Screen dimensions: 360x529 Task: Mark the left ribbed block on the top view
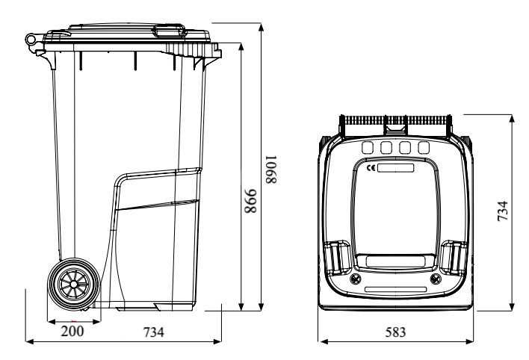[336, 258]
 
